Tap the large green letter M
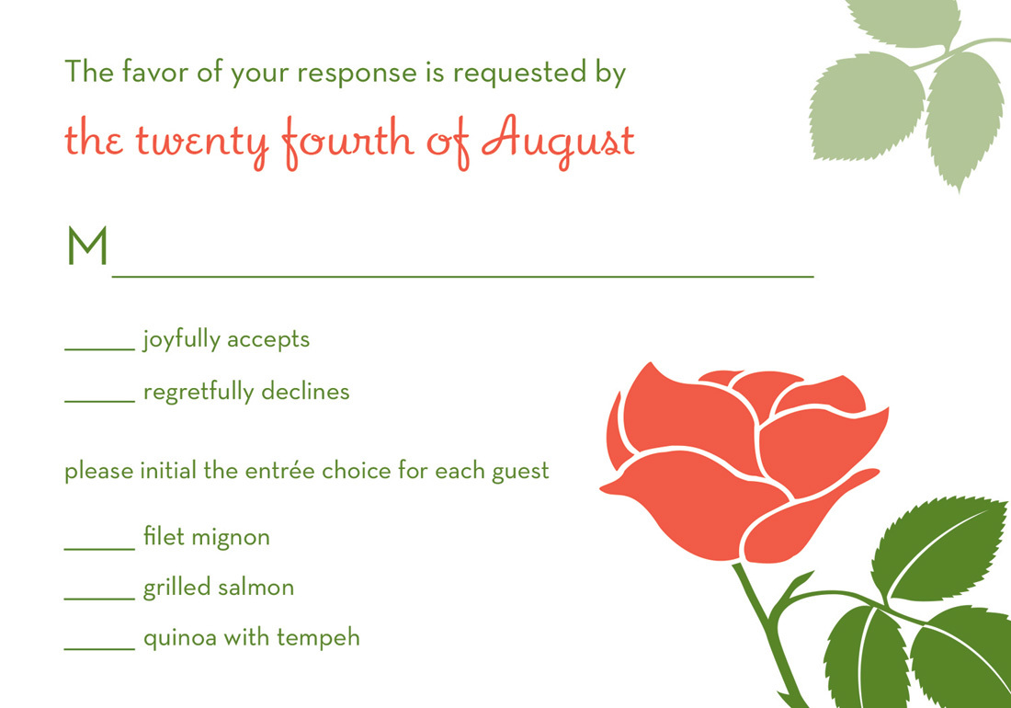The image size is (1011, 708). (87, 246)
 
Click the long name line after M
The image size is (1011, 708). (463, 277)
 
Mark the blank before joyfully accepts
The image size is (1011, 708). (100, 350)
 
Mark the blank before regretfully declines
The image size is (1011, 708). (100, 401)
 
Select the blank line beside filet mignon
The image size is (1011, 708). (100, 549)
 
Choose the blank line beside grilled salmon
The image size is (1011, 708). (100, 599)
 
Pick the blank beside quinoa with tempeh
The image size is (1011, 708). (100, 648)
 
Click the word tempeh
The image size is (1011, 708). (319, 638)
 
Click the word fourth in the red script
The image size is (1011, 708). (348, 142)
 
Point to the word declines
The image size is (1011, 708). (306, 391)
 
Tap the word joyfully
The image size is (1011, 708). (181, 340)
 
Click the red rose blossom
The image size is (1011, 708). (742, 461)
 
